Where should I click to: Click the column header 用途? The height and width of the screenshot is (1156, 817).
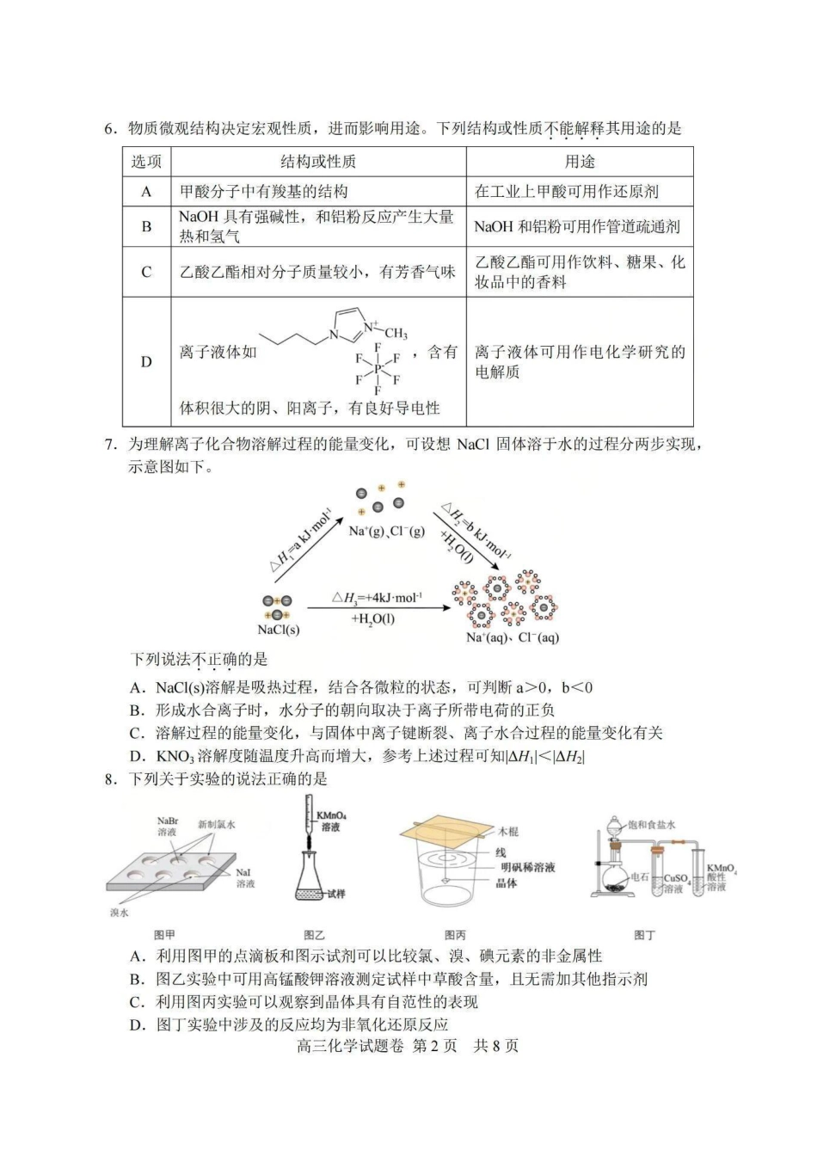tap(580, 162)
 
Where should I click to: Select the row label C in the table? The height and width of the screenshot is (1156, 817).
tap(146, 272)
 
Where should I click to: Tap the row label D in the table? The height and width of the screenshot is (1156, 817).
tap(146, 362)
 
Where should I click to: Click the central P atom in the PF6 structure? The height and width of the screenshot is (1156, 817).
tap(377, 368)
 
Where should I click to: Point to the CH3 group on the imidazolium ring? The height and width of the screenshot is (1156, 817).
tap(395, 334)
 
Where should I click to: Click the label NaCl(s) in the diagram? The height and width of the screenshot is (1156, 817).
tap(279, 630)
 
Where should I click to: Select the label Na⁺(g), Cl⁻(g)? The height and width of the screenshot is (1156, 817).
tap(386, 532)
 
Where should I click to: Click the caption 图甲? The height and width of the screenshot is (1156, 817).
tap(164, 935)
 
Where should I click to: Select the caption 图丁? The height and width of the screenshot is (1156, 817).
tap(644, 935)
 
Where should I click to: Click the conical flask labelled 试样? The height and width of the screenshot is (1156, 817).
tap(313, 885)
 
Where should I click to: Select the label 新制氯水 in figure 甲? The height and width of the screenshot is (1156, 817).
tap(216, 824)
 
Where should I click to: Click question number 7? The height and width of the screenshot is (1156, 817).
tap(110, 445)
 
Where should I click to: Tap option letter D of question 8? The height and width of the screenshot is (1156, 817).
tap(135, 1024)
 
